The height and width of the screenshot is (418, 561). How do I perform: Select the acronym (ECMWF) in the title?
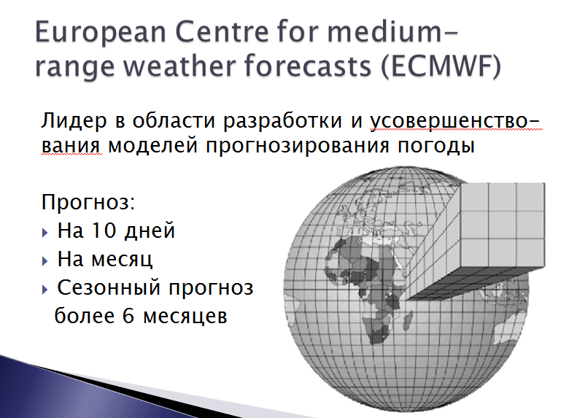441,66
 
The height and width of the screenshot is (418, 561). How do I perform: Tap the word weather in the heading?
182,66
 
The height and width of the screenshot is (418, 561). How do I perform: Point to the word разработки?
282,121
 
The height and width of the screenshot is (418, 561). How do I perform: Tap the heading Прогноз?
88,203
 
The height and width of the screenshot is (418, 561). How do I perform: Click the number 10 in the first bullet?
104,230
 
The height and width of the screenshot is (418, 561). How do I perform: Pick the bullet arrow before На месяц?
45,261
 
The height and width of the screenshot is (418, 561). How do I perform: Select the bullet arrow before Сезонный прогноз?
45,289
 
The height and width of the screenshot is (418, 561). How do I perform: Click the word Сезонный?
110,287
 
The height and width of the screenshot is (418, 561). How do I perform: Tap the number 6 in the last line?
128,316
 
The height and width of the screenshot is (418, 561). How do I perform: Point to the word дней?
150,231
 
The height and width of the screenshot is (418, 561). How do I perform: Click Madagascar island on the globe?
407,321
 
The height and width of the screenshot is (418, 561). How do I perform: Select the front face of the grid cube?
503,225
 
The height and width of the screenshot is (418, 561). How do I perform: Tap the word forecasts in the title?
308,66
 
